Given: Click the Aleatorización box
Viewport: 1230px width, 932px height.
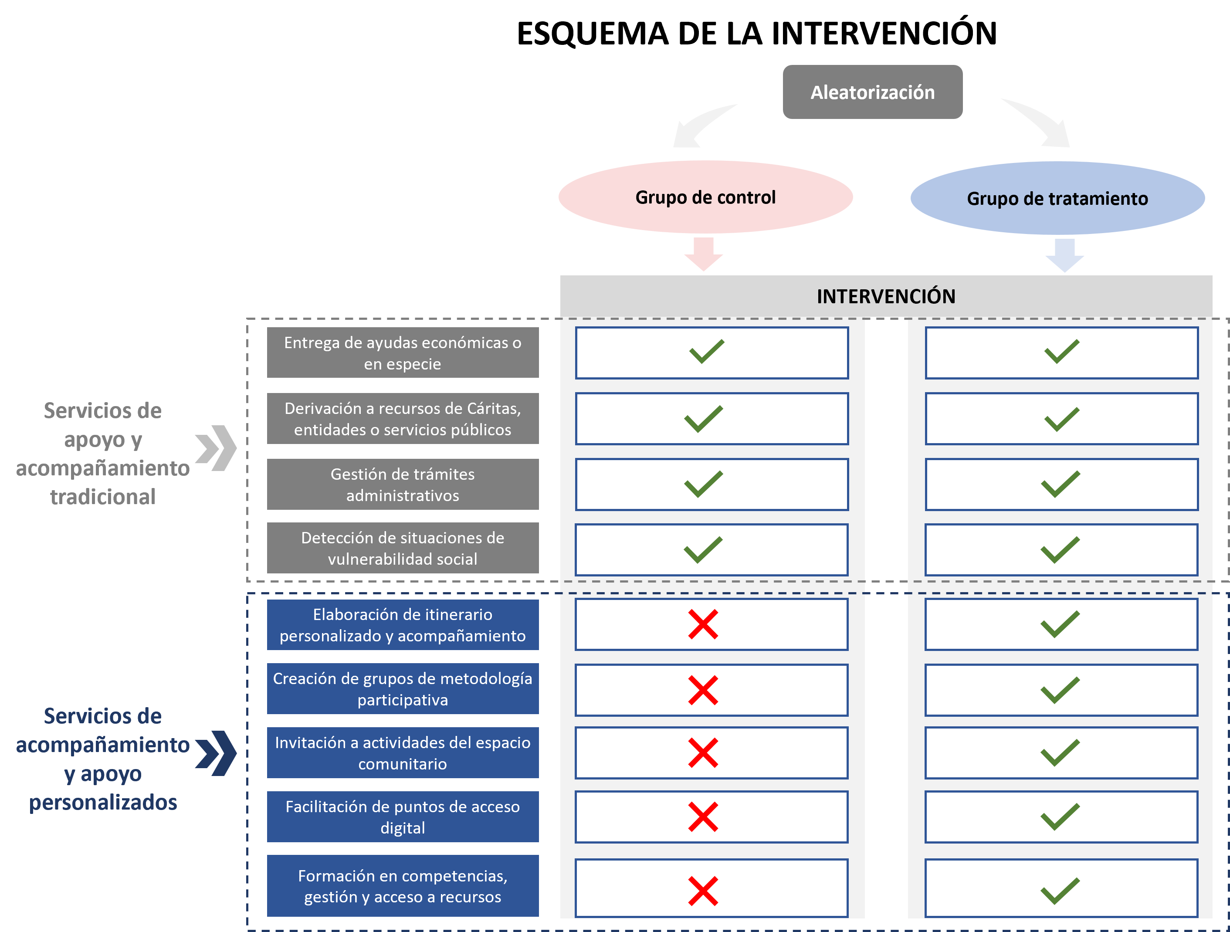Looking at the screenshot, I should tap(872, 92).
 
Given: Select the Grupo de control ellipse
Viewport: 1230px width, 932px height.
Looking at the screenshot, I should tap(705, 197).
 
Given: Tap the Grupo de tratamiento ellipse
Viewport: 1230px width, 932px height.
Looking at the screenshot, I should tap(1057, 198).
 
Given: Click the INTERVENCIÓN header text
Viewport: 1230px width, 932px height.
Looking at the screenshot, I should tap(886, 296).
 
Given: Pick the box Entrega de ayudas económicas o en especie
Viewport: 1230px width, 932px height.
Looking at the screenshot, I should tap(403, 352).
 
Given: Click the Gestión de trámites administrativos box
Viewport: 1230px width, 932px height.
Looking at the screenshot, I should tap(403, 485).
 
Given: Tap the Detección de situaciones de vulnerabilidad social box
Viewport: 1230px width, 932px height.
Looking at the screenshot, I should tap(403, 548).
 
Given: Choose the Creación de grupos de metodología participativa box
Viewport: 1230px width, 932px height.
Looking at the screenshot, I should tap(403, 688).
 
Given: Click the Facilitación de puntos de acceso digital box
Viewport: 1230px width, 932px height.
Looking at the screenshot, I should tap(403, 817).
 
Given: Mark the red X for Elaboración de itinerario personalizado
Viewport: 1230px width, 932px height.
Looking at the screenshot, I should tap(703, 624).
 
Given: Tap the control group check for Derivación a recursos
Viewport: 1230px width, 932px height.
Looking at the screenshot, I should tap(703, 419).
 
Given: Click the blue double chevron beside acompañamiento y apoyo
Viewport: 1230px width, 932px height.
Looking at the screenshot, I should tap(216, 753).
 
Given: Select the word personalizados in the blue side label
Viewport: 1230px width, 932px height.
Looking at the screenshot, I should tap(103, 802).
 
